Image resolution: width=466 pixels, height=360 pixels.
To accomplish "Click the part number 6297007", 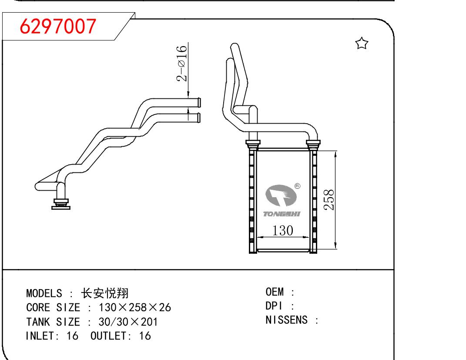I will [x=58, y=27].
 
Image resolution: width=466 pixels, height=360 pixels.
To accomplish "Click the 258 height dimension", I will [x=329, y=200].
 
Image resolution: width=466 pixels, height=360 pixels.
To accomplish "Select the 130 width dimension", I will [x=283, y=230].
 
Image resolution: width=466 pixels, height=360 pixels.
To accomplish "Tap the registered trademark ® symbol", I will [x=297, y=186].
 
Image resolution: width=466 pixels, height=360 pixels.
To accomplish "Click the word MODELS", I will [x=44, y=293].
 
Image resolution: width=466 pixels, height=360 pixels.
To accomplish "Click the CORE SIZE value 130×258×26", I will [x=135, y=308].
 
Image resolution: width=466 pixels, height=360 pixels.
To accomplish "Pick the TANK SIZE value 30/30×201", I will [x=128, y=322].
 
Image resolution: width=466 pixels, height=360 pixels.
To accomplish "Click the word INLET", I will [x=39, y=336].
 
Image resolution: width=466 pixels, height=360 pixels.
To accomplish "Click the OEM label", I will [x=275, y=292].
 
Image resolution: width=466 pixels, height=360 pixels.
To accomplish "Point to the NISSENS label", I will [x=286, y=320].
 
